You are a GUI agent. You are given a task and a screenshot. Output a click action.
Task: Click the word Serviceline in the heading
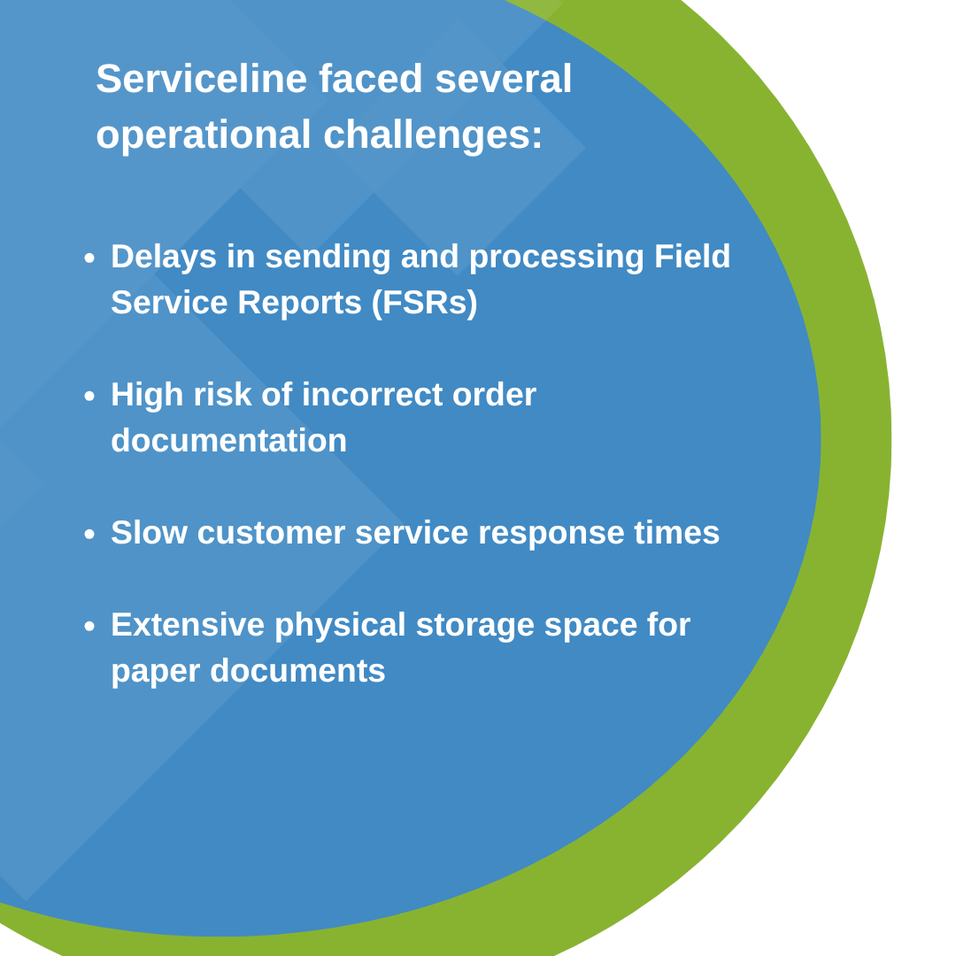tap(201, 79)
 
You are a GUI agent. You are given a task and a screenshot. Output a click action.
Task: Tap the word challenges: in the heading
tap(433, 135)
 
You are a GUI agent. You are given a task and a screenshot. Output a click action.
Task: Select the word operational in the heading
tap(203, 135)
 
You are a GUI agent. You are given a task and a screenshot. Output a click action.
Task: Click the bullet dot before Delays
tap(89, 258)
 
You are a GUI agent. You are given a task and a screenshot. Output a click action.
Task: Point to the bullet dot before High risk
tap(89, 397)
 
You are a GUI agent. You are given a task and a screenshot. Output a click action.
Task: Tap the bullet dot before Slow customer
tap(89, 535)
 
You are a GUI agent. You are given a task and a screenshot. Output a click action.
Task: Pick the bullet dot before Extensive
tap(89, 627)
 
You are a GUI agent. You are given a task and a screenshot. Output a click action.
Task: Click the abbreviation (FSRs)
tap(425, 303)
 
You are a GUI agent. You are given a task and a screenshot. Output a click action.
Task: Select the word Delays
tap(164, 257)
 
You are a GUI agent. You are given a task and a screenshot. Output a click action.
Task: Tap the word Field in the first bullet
tap(692, 257)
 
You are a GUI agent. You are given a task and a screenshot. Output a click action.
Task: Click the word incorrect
tap(372, 395)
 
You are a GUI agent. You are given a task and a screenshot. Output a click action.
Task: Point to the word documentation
tap(228, 441)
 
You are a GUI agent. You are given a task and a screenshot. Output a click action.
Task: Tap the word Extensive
tap(188, 625)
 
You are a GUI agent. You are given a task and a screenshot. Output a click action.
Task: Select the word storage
tap(474, 625)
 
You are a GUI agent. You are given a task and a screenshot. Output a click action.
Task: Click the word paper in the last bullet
tap(155, 671)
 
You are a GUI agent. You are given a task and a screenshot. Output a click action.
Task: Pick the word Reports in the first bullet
tap(299, 303)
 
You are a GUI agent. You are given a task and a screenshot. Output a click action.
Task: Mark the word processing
tap(556, 257)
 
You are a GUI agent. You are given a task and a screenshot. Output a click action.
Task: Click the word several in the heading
tap(504, 79)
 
